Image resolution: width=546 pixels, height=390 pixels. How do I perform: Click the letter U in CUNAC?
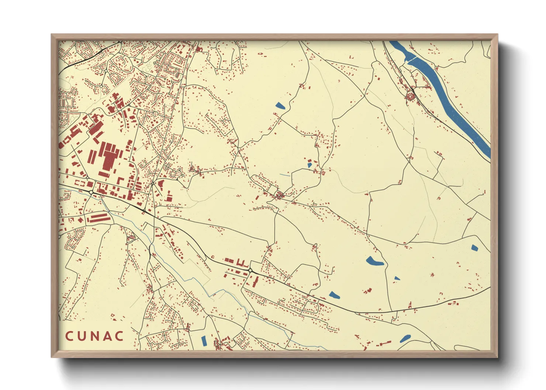[x=82, y=336]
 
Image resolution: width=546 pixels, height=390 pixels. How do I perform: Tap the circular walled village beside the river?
[x=410, y=97]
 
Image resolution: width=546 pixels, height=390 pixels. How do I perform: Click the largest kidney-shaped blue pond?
[x=374, y=261]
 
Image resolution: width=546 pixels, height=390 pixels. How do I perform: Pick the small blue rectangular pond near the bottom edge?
[x=204, y=341]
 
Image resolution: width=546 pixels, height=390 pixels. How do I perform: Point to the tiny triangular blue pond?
[x=397, y=278]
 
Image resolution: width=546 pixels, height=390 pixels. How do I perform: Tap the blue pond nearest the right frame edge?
[x=474, y=248]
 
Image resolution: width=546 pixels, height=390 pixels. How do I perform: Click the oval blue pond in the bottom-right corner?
[x=405, y=338]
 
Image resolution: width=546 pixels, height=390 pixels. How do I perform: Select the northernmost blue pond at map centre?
[x=280, y=106]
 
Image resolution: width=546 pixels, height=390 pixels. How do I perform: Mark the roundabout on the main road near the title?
[x=250, y=271]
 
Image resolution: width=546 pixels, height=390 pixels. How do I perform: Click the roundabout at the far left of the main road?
[x=91, y=192]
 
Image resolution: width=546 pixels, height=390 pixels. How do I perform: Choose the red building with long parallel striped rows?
[x=99, y=218]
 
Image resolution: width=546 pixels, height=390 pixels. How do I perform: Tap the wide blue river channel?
[x=454, y=111]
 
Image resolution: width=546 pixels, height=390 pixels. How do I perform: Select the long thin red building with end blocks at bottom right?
[x=383, y=343]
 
